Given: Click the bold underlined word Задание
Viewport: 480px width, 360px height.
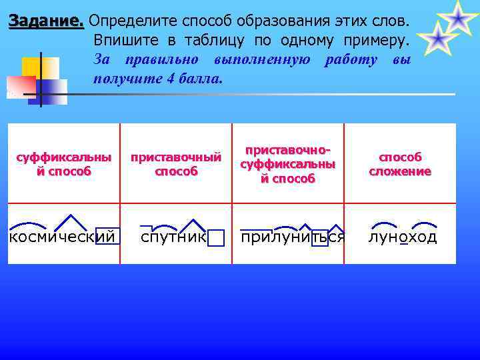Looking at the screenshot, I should tap(46, 21).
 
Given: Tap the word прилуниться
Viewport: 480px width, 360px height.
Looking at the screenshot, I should tap(293, 237).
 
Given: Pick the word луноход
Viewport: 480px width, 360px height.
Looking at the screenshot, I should tap(403, 237).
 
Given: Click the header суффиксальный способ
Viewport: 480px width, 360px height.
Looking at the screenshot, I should tap(63, 164).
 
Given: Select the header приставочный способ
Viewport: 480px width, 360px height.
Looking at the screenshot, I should tap(176, 164).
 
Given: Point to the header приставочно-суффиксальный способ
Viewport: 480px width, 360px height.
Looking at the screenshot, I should tap(288, 164).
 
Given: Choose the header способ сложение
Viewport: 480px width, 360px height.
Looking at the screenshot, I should tap(400, 164).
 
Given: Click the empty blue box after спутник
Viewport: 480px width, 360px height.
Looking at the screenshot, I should tap(215, 238).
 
